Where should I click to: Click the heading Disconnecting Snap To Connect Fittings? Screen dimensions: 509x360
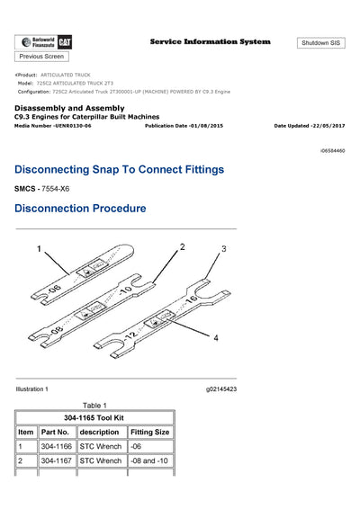tap(120, 169)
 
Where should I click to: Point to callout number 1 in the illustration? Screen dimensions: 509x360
tap(39, 246)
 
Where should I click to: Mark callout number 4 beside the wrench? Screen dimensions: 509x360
tap(215, 338)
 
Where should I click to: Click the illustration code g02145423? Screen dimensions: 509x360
tap(221, 388)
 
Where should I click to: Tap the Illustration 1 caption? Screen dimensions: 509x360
tap(32, 388)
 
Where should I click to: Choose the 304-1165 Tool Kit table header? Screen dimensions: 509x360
tap(94, 417)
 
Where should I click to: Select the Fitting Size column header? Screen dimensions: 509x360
tap(150, 432)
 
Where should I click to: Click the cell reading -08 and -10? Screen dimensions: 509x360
tap(150, 461)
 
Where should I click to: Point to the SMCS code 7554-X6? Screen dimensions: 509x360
tap(55, 190)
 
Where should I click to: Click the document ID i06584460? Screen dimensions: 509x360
tap(332, 151)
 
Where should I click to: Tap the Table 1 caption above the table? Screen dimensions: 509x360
tap(94, 405)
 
